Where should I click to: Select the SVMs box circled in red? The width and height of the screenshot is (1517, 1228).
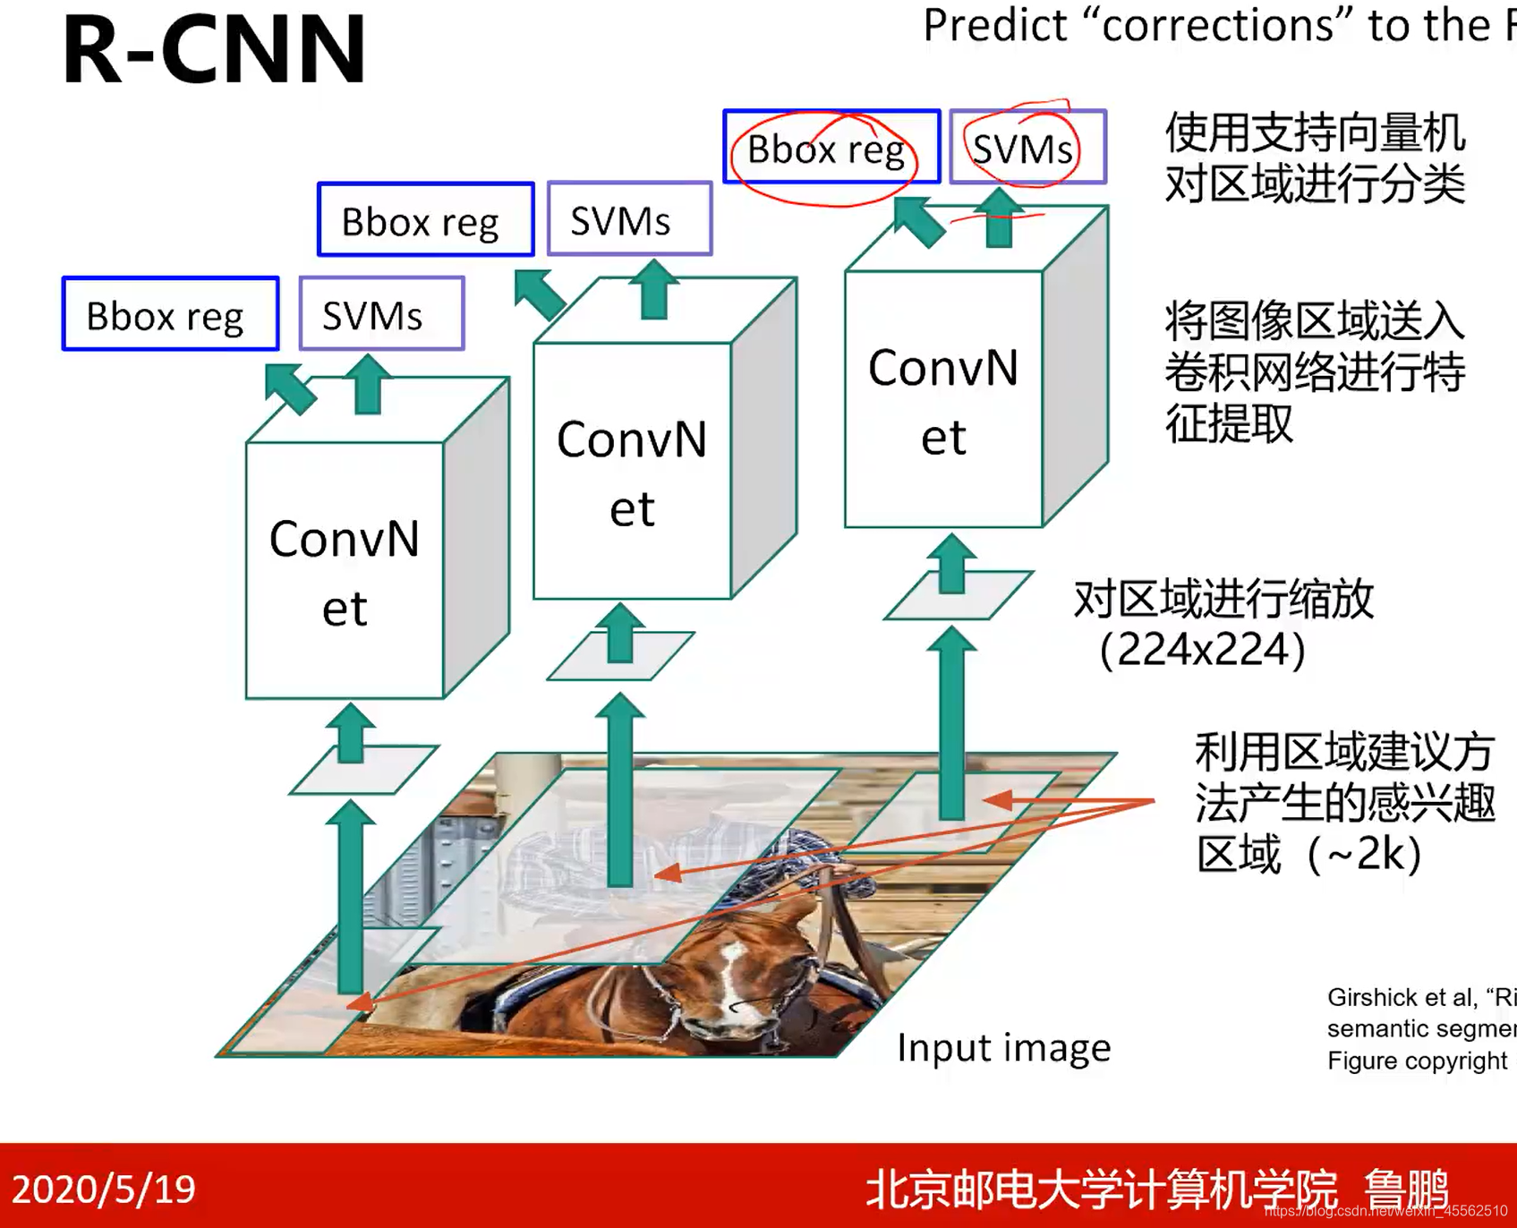pyautogui.click(x=1026, y=149)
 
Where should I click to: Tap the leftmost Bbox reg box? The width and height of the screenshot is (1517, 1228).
pyautogui.click(x=169, y=315)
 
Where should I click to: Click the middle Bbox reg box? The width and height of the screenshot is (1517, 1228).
pyautogui.click(x=424, y=220)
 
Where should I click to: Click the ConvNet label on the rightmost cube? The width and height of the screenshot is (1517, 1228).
pyautogui.click(x=942, y=401)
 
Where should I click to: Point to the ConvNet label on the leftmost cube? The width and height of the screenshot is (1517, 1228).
pyautogui.click(x=344, y=573)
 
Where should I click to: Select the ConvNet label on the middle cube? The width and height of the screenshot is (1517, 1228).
pyautogui.click(x=631, y=473)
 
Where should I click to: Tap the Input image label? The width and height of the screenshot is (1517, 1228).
pyautogui.click(x=1003, y=1047)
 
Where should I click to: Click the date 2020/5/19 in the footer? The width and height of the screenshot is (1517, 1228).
pyautogui.click(x=104, y=1189)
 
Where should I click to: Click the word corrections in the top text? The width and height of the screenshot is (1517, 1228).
pyautogui.click(x=1218, y=25)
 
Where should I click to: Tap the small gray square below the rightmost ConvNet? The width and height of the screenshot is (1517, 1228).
pyautogui.click(x=959, y=595)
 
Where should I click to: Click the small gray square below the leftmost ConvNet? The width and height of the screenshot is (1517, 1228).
pyautogui.click(x=363, y=769)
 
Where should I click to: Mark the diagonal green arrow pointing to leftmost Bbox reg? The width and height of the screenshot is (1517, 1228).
pyautogui.click(x=290, y=388)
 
